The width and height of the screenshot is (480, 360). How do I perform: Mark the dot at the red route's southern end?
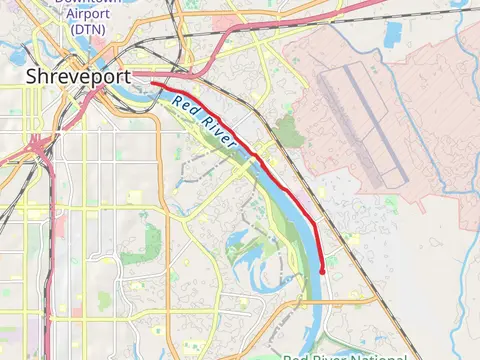pos(323,270)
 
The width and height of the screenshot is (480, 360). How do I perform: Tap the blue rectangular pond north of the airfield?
pos(391,34)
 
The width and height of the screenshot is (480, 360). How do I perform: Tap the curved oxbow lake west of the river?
pos(240,240)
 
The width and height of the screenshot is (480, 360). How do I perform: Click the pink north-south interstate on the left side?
pos(51,250)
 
